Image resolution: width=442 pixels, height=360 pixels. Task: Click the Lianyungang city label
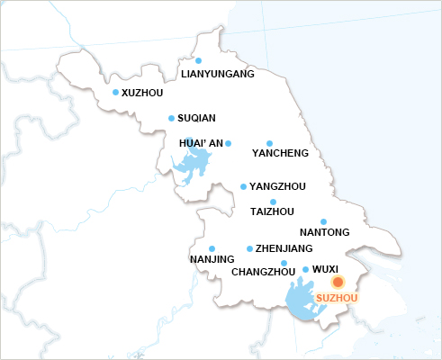218,75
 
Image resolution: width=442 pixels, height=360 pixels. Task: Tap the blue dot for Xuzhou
115,92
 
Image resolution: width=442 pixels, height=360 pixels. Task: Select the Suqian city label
196,118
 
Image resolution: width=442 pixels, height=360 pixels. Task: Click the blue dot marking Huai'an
228,143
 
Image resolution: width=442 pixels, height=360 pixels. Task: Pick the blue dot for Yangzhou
243,186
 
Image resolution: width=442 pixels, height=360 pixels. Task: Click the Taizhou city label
272,211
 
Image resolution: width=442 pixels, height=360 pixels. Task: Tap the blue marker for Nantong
323,221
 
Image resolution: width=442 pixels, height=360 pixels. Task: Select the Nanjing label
212,260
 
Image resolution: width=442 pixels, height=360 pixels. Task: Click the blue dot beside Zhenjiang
249,248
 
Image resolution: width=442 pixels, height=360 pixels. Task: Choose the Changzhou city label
264,272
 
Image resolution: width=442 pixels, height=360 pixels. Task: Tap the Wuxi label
325,268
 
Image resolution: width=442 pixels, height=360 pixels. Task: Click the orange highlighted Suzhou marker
338,282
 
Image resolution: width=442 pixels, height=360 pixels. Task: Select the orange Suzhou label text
338,297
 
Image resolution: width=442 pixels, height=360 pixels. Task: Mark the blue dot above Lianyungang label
198,60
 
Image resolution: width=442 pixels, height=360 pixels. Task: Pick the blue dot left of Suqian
171,118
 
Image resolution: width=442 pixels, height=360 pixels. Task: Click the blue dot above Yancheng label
269,143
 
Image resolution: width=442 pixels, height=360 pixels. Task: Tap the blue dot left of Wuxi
305,269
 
